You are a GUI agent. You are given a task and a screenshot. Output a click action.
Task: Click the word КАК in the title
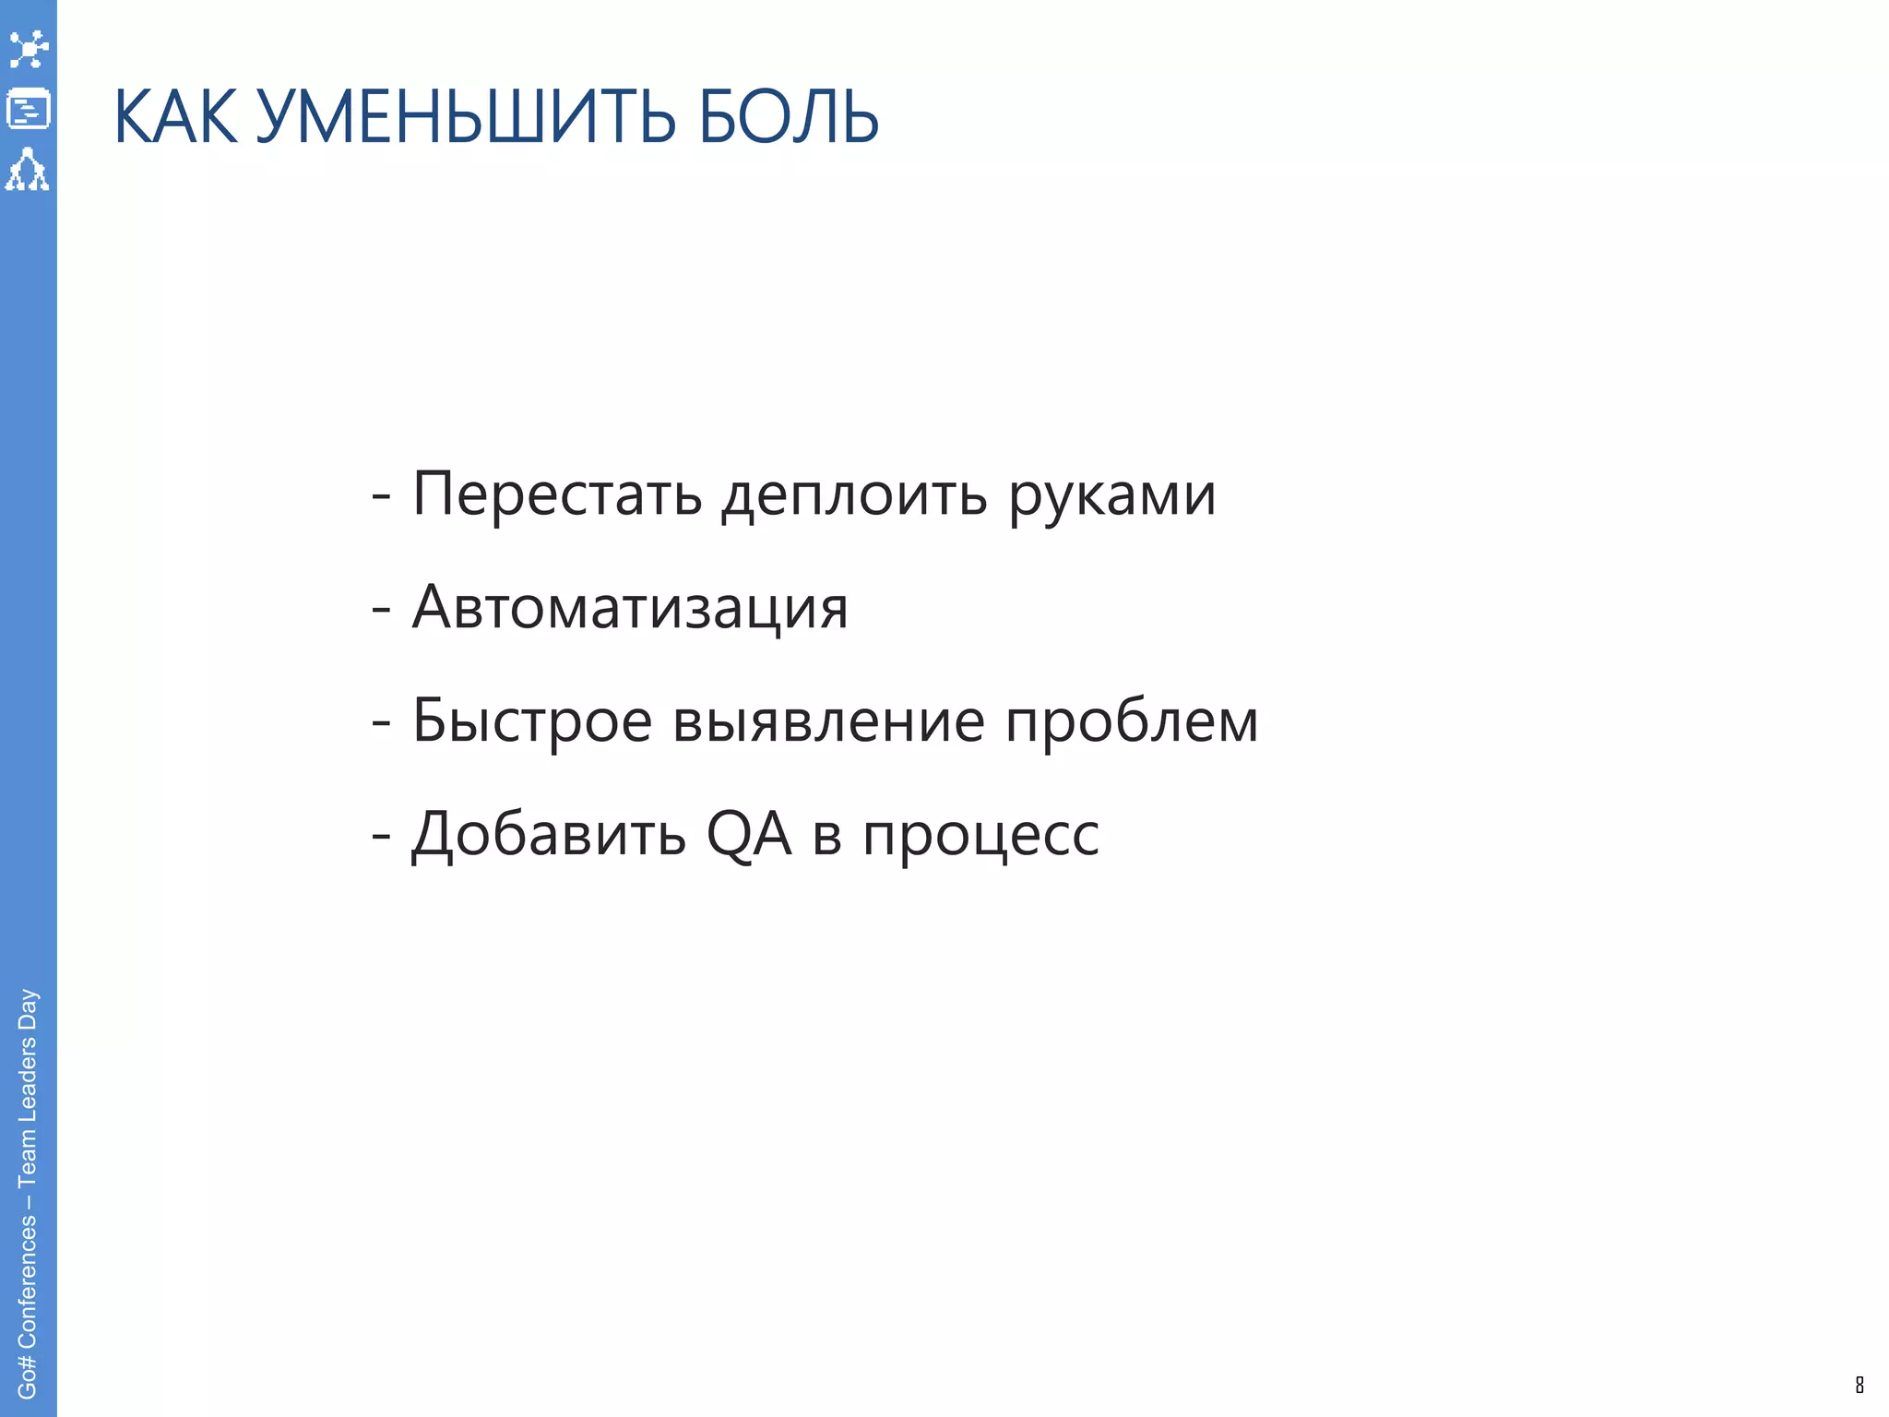click(175, 117)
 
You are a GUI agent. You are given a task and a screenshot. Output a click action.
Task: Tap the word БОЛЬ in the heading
click(789, 117)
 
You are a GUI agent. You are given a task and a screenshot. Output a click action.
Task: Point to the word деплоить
click(854, 496)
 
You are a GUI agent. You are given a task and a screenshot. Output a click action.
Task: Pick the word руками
click(1112, 496)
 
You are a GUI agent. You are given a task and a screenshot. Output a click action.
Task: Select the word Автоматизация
click(630, 608)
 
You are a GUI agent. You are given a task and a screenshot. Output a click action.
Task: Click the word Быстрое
click(532, 721)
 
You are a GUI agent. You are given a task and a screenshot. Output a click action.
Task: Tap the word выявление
click(828, 721)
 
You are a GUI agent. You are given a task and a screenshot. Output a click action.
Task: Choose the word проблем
click(1132, 721)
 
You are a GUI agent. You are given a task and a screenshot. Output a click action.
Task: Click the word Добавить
click(549, 834)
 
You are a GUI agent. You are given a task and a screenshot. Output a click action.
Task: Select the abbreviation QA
click(748, 834)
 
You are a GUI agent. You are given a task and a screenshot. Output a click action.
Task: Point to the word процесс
click(980, 836)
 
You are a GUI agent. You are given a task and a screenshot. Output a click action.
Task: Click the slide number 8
click(1859, 1385)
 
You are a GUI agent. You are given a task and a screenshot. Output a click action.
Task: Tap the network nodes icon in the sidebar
click(28, 49)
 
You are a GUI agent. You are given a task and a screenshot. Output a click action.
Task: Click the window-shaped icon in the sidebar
click(28, 109)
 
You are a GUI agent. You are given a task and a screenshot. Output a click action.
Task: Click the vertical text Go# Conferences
click(28, 1306)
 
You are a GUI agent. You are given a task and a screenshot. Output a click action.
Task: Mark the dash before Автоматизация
click(381, 610)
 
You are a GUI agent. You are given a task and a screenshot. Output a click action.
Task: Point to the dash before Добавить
click(381, 836)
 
